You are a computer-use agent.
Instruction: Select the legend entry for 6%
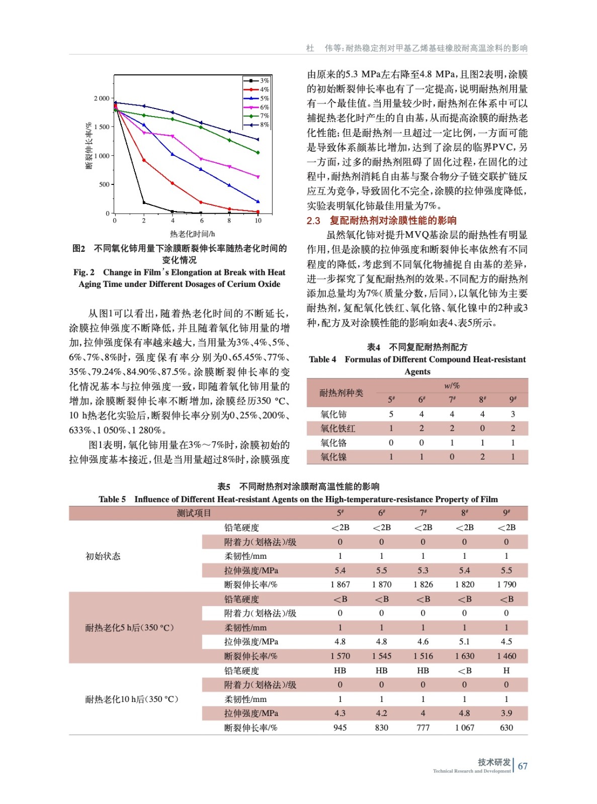[257, 108]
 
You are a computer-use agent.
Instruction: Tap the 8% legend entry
[257, 125]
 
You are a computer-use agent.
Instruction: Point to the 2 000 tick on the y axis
[102, 98]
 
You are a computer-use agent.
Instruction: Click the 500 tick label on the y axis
[104, 184]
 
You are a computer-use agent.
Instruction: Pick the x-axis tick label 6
[202, 221]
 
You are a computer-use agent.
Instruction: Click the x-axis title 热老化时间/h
[192, 234]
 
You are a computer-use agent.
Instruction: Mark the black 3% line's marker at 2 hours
[144, 203]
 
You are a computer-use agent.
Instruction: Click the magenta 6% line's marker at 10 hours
[258, 177]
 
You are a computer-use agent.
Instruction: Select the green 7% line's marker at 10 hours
[258, 153]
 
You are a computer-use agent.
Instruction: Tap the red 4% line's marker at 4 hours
[173, 183]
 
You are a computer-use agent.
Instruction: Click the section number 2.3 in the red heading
[313, 221]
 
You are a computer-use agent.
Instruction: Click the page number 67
[523, 766]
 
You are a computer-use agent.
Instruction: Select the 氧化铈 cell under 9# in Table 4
[513, 414]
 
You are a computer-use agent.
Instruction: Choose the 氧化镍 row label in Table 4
[333, 457]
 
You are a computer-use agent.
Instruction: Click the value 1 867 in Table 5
[340, 584]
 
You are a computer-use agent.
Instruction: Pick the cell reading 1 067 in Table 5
[464, 728]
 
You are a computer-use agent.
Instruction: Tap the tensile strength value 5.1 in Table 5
[464, 642]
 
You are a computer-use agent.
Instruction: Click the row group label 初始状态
[103, 556]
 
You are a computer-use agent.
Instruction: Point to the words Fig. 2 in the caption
[84, 272]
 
